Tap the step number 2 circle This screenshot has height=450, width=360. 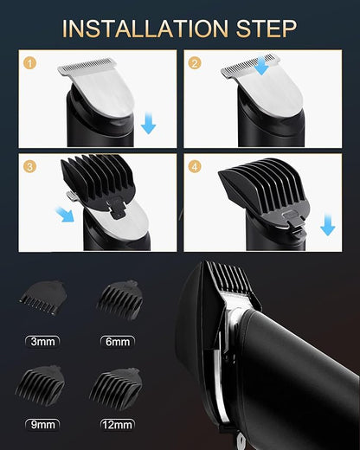[195, 63]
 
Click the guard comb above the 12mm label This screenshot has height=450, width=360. [117, 381]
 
